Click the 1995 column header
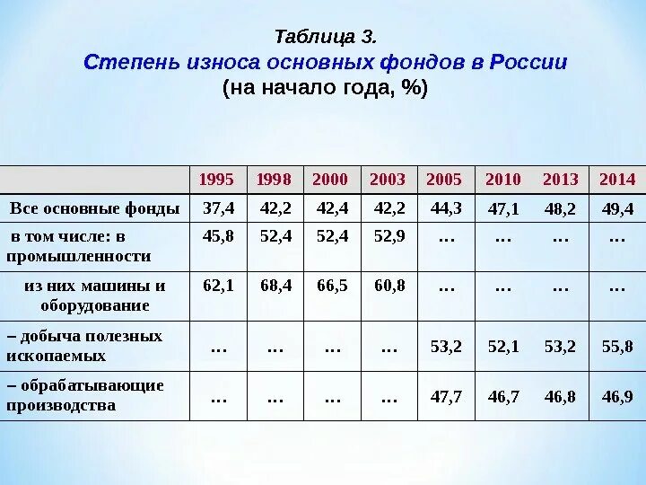tap(217, 179)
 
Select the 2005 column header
tap(444, 179)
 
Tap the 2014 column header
tap(616, 179)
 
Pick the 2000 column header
tap(330, 179)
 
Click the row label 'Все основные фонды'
tap(95, 209)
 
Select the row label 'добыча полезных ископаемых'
tap(85, 346)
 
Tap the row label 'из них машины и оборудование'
tap(95, 295)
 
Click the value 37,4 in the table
tap(218, 209)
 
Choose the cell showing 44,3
tap(445, 209)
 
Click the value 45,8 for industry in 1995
tap(218, 238)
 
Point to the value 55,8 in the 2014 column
tap(617, 346)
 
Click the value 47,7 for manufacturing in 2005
tap(446, 396)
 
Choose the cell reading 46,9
tap(617, 396)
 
